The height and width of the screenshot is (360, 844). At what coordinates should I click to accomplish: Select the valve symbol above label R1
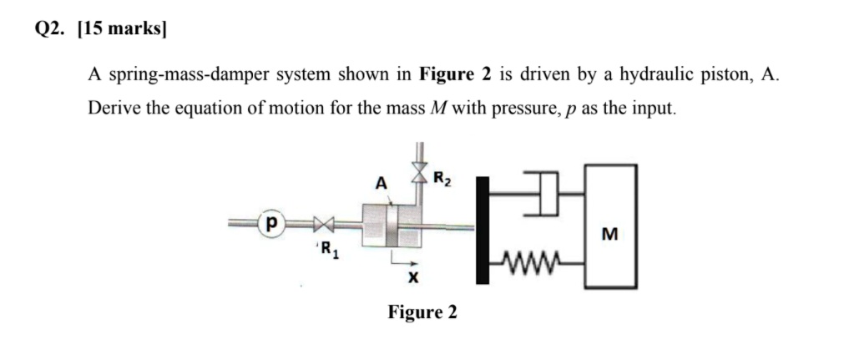tap(323, 224)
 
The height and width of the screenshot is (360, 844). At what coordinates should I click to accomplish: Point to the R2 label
tap(443, 176)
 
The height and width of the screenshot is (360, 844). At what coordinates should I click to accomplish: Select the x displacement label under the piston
tap(412, 276)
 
